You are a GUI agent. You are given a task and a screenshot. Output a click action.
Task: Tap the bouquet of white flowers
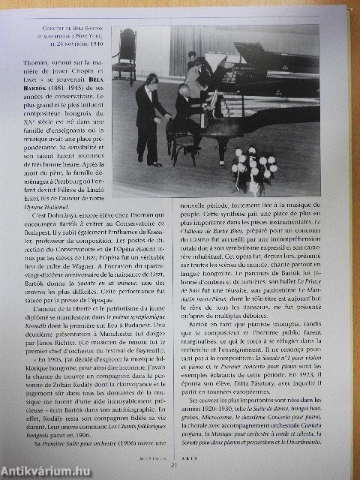pos(253,166)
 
